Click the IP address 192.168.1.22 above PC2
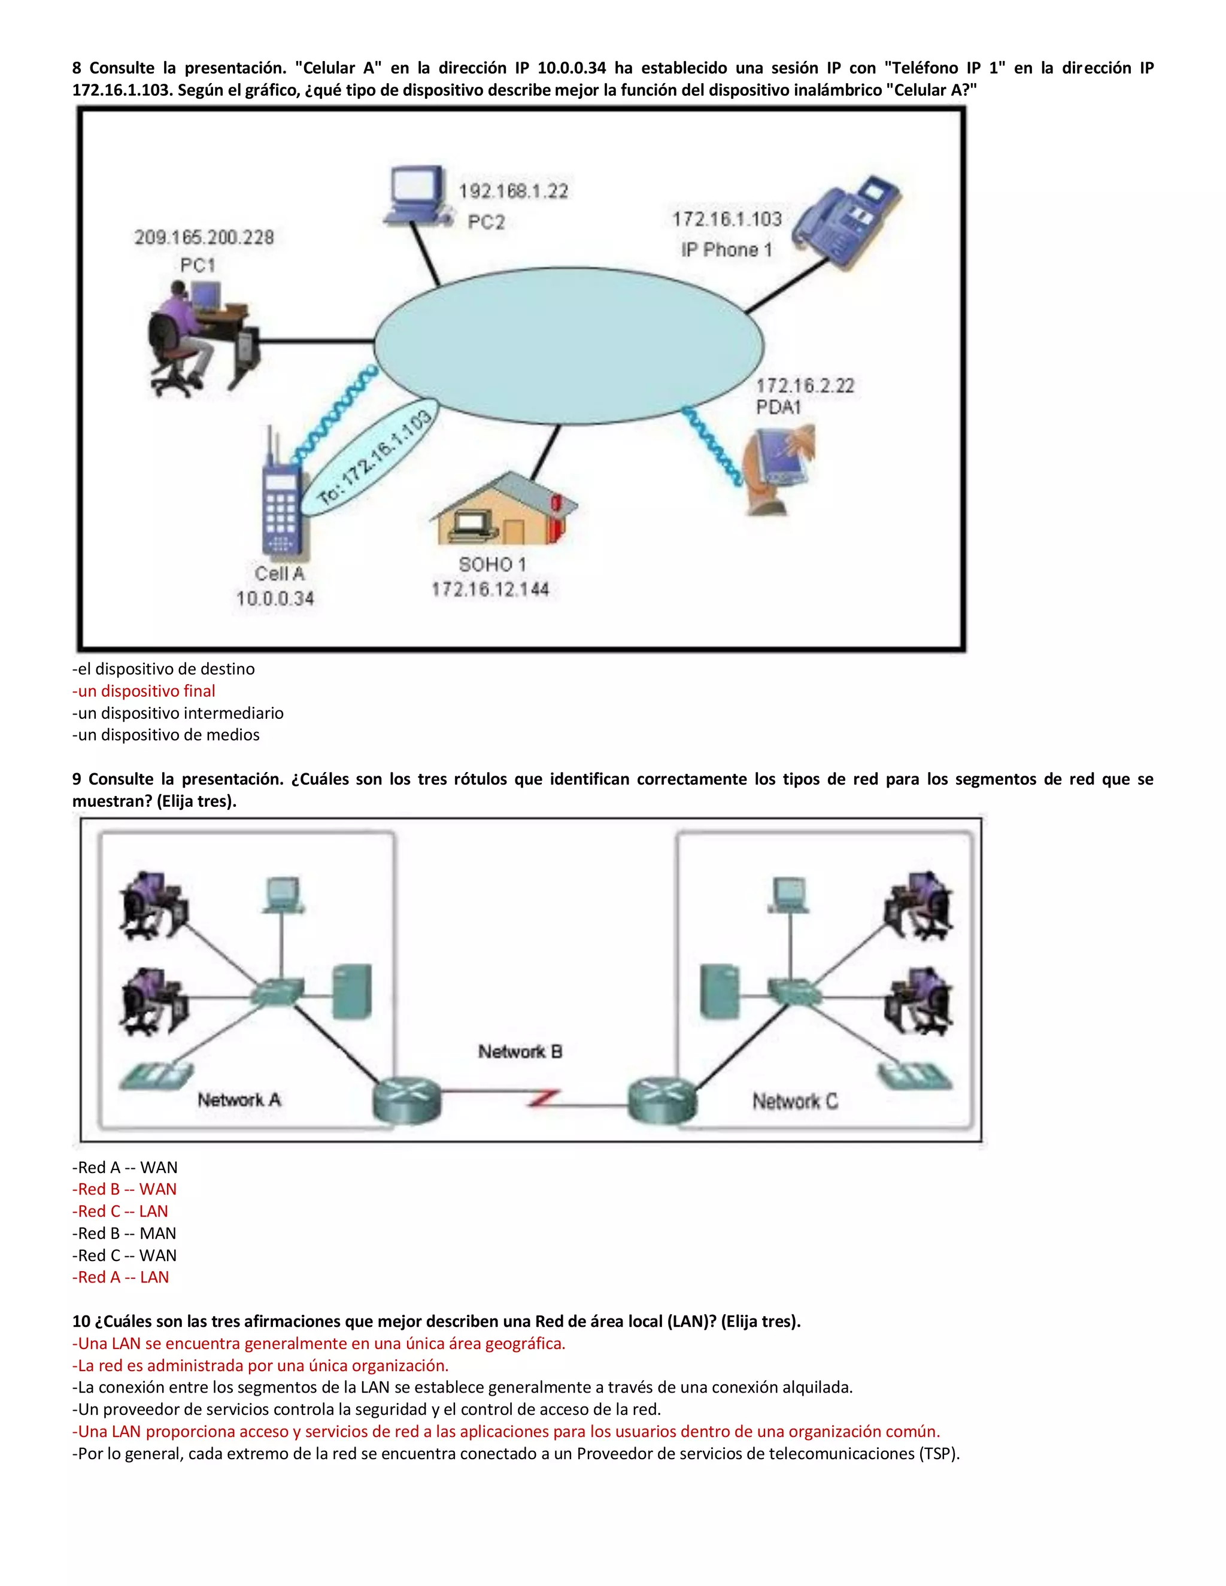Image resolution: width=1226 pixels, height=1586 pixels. [x=513, y=191]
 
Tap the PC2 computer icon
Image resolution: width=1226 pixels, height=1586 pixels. [x=416, y=194]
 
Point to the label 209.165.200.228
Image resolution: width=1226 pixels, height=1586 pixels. [x=204, y=238]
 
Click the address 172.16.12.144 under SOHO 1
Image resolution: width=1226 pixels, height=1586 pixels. [x=490, y=589]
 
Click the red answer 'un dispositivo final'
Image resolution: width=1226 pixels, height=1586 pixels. [x=144, y=691]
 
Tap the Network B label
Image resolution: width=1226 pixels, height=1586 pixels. [x=520, y=1051]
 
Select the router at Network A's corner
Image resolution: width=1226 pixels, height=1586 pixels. [x=406, y=1099]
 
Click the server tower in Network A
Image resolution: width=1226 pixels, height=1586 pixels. [x=352, y=991]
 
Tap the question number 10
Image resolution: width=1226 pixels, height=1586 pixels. [x=81, y=1321]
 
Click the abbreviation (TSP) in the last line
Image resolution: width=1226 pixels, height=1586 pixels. [x=939, y=1453]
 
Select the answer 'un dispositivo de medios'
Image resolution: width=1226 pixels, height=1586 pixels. [x=166, y=734]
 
